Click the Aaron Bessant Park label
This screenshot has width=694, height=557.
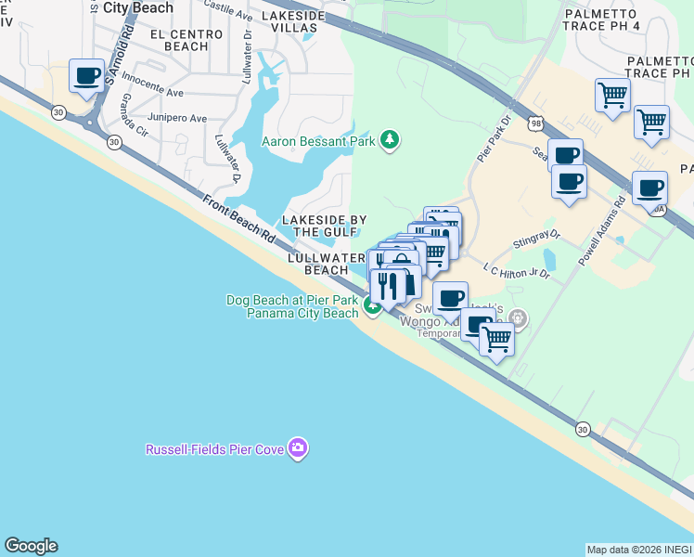318,141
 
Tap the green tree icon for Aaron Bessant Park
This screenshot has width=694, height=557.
391,140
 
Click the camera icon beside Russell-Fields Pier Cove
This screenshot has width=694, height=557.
298,449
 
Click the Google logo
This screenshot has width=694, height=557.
31,546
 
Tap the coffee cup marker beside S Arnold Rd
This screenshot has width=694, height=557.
88,78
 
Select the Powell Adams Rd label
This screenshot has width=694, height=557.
601,232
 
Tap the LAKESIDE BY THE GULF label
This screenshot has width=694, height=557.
324,226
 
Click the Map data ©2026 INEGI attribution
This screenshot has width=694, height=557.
638,550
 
